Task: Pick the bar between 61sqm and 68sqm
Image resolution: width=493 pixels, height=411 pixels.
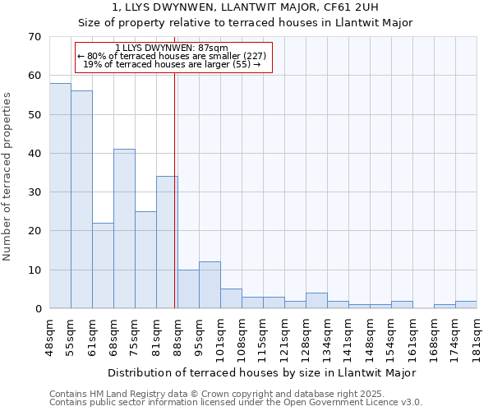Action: point(103,266)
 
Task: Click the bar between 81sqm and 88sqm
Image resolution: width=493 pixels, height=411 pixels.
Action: point(167,242)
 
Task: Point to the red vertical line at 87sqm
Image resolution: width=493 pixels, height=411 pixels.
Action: point(175,189)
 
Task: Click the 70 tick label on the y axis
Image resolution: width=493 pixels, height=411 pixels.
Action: point(34,37)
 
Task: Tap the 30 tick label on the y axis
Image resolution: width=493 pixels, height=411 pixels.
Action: point(34,192)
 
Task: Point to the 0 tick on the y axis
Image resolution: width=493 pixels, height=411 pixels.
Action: point(37,309)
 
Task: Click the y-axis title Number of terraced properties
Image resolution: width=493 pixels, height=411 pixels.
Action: point(7,176)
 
